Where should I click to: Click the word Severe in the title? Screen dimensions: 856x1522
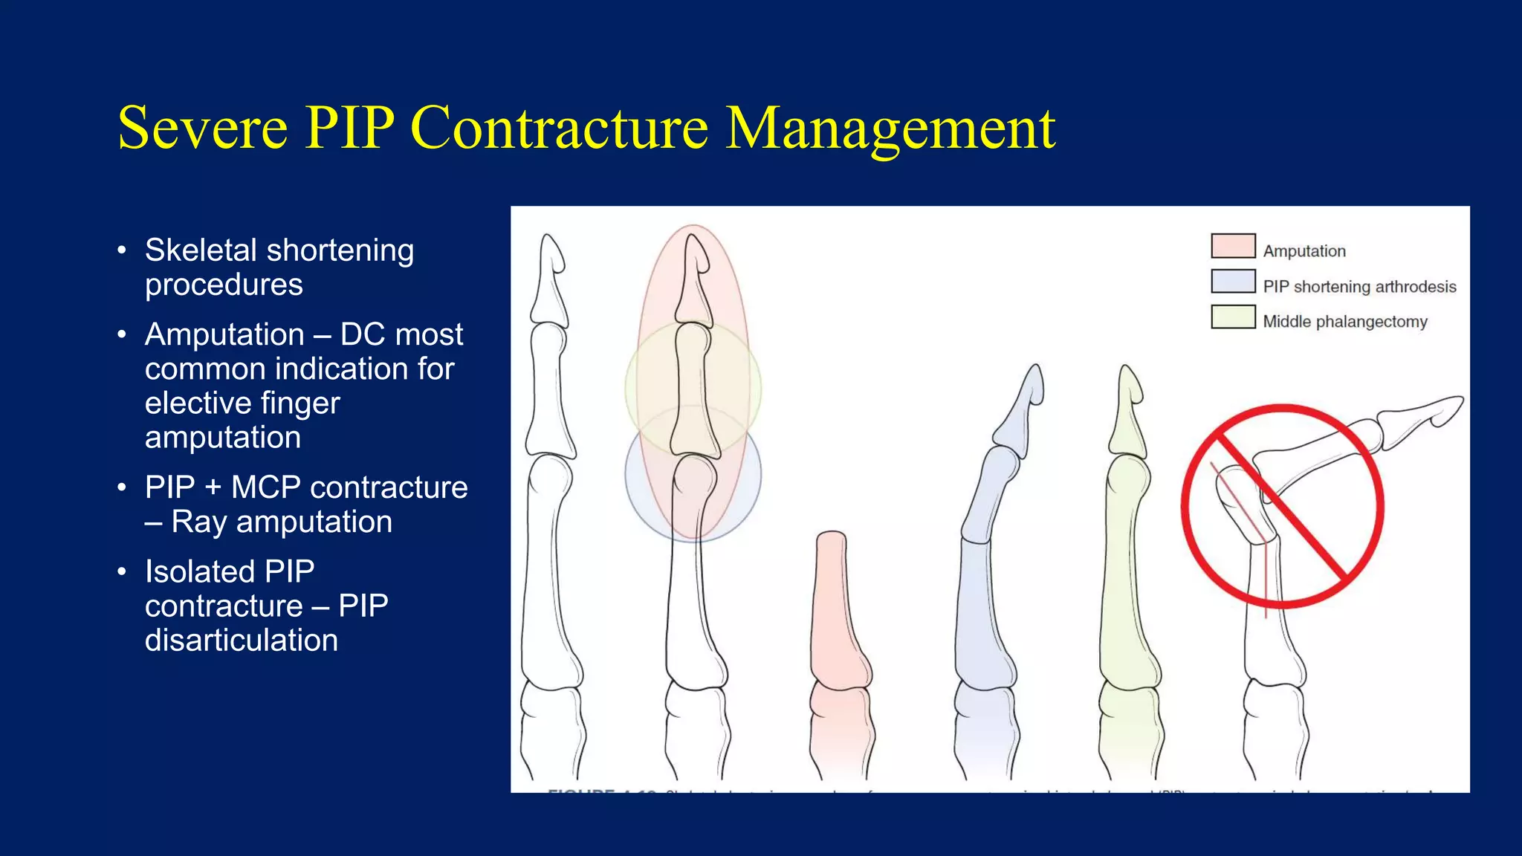[x=202, y=128]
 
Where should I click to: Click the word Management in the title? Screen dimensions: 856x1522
[x=890, y=129]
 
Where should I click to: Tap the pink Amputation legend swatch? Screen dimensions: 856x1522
[x=1233, y=246]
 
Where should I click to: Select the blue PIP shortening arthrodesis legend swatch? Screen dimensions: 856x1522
[x=1233, y=282]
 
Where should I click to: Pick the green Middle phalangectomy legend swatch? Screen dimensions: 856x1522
[x=1233, y=317]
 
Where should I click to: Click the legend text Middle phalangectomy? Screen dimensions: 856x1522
[x=1344, y=322]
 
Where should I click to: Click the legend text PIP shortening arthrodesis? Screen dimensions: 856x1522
[x=1359, y=287]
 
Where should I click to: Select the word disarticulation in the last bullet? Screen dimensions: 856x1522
[x=242, y=641]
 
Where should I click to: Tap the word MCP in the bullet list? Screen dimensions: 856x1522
[x=265, y=488]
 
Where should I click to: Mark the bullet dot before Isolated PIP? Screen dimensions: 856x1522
[x=122, y=572]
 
